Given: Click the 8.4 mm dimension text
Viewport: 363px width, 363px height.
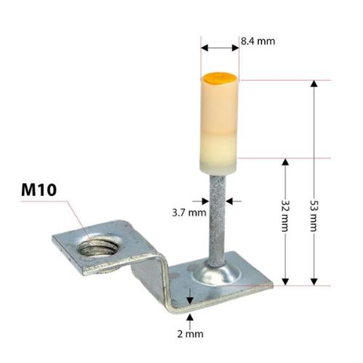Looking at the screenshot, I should click(258, 41).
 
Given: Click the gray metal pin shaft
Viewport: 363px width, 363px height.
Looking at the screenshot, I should click(217, 218).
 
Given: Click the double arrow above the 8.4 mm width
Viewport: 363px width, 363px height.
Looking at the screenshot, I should click(219, 48).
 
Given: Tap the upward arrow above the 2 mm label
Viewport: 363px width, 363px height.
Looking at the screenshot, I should click(190, 317).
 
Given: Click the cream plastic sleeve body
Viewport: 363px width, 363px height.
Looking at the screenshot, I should click(219, 123).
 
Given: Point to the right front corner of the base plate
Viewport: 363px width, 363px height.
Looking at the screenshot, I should click(272, 284).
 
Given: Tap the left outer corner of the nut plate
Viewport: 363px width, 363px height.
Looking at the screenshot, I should click(54, 239).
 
